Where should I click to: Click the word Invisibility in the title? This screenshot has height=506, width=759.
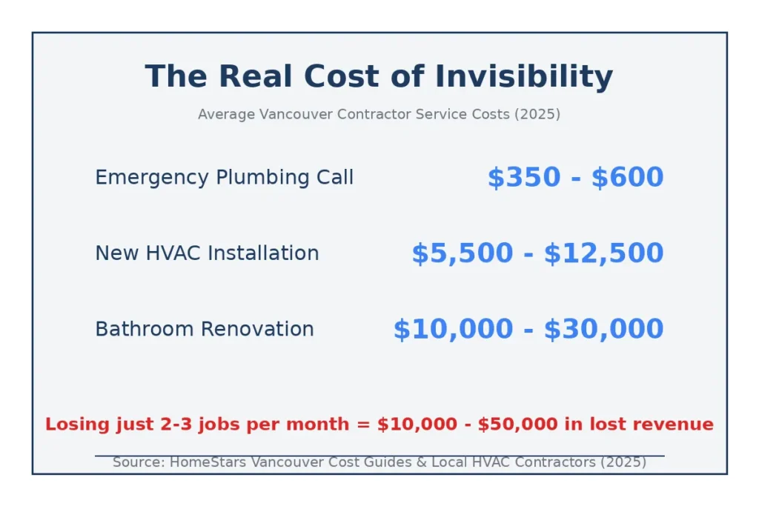(524, 76)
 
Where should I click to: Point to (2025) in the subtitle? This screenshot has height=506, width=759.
(537, 114)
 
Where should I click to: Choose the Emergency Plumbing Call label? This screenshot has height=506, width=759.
(224, 178)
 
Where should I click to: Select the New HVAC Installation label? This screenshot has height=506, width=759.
(207, 253)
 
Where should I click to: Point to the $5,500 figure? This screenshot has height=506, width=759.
(462, 253)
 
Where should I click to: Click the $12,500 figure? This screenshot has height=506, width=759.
(603, 253)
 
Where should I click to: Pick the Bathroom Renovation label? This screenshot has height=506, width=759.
(205, 329)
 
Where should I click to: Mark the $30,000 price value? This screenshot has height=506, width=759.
(603, 329)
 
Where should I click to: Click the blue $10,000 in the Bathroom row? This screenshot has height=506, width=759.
(453, 329)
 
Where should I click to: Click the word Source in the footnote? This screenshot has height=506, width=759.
(138, 462)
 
